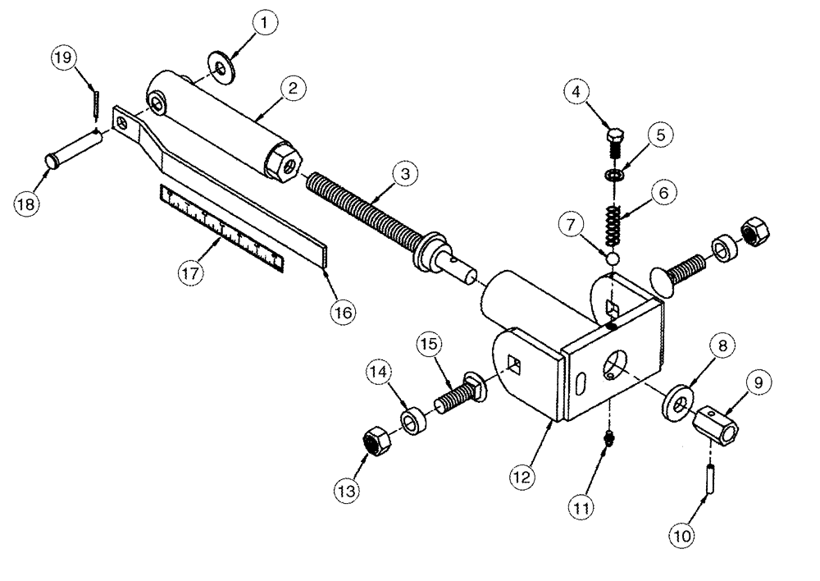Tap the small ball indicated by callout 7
[x=612, y=258]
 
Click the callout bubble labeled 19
[x=65, y=59]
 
